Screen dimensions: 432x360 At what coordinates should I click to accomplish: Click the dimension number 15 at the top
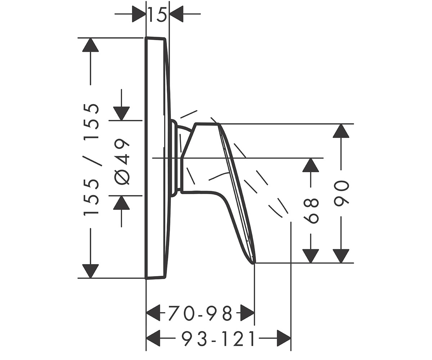pyautogui.click(x=158, y=14)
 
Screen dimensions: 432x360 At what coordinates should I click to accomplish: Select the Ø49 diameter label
pyautogui.click(x=122, y=162)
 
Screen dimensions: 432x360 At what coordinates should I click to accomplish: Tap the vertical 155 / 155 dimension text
pyautogui.click(x=91, y=160)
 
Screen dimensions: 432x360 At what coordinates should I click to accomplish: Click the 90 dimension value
pyautogui.click(x=341, y=193)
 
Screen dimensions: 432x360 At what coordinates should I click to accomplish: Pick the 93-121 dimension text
pyautogui.click(x=218, y=339)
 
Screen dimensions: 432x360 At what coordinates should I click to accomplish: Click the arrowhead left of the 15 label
pyautogui.click(x=139, y=14)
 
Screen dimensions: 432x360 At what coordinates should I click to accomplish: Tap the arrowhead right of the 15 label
pyautogui.click(x=176, y=14)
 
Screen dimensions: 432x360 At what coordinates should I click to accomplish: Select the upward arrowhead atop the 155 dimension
pyautogui.click(x=90, y=45)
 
